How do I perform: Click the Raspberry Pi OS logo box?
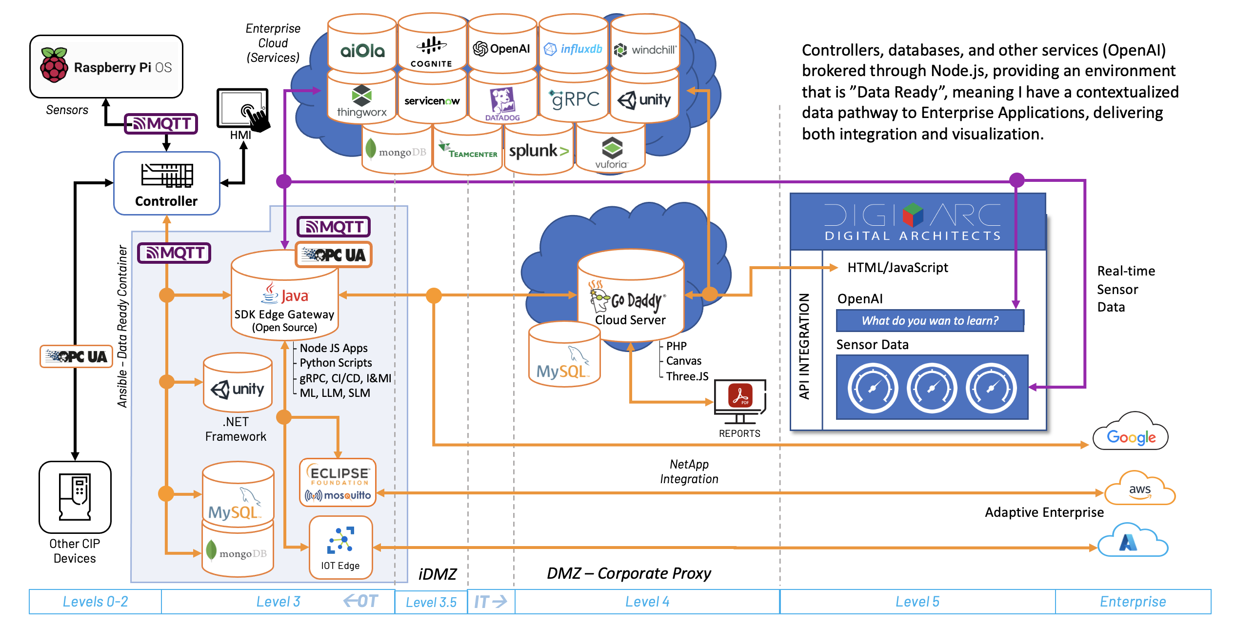point(106,67)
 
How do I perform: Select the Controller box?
point(167,183)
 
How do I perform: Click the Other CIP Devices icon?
point(75,497)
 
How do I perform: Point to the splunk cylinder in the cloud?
point(538,152)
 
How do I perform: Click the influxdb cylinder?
point(574,49)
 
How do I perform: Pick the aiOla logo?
point(362,50)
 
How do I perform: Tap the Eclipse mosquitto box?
point(338,483)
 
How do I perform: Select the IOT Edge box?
point(341,548)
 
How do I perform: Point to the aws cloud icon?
point(1139,490)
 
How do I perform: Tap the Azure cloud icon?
point(1132,541)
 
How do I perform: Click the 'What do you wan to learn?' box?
point(930,321)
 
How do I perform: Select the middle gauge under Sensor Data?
point(932,388)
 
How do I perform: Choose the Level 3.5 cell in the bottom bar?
point(431,602)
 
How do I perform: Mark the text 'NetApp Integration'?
point(689,471)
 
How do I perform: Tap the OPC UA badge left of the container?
point(77,356)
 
